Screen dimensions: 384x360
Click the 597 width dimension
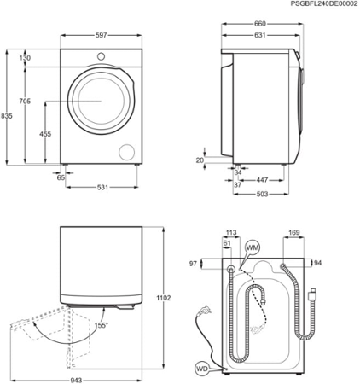[101, 35]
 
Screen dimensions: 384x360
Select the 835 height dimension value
[7, 116]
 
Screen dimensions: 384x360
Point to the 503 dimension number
[264, 194]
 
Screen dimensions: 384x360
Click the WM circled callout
[252, 247]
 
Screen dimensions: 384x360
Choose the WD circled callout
[201, 369]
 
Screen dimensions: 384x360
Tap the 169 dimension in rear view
[293, 231]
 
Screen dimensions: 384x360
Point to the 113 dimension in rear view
[230, 231]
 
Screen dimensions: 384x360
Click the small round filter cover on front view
[128, 151]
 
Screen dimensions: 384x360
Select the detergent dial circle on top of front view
[101, 56]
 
